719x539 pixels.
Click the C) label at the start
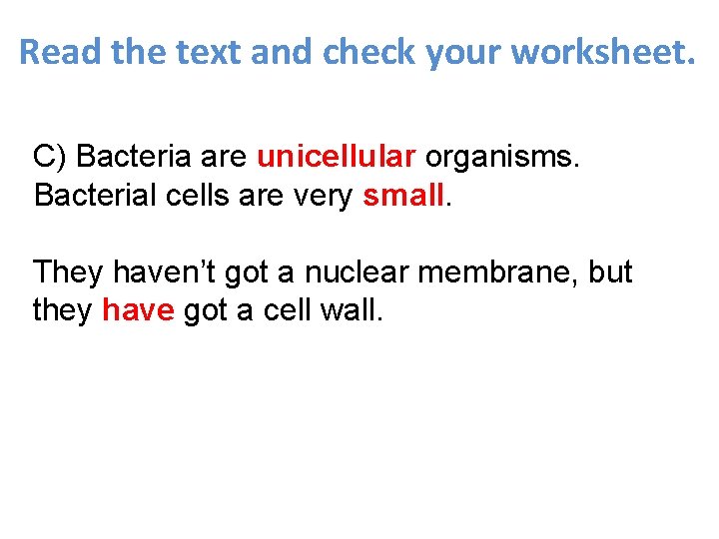click(50, 157)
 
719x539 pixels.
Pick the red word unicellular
click(336, 157)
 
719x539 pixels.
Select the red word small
click(402, 196)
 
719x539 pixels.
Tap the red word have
click(139, 310)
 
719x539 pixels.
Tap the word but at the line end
click(610, 271)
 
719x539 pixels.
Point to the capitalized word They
click(67, 271)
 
